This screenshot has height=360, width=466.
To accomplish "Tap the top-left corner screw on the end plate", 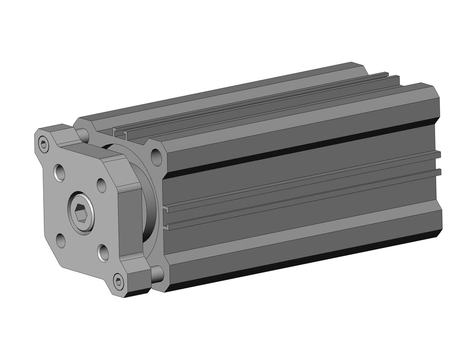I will (44, 145).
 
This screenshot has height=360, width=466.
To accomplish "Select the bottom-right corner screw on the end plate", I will (119, 281).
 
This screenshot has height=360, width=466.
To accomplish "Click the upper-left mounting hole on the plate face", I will (60, 172).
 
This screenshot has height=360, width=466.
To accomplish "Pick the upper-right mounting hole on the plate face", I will (102, 185).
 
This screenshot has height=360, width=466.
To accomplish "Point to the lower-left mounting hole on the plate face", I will (61, 239).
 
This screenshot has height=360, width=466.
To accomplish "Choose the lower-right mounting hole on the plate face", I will (103, 253).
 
